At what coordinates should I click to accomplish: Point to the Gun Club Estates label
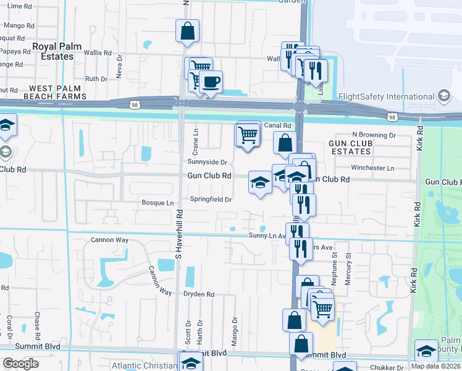(350, 147)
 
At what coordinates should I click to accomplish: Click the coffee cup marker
(211, 82)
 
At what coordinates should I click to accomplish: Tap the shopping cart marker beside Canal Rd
(248, 133)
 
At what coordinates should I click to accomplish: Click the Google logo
(20, 364)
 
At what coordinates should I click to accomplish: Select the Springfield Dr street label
(210, 200)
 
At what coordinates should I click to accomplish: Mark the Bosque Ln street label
(157, 203)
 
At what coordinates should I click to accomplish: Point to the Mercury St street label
(348, 265)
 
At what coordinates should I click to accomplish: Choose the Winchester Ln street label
(372, 168)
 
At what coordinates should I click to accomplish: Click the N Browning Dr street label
(374, 135)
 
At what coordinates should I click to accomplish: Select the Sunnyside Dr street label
(208, 162)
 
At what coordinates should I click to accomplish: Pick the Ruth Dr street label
(96, 79)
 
